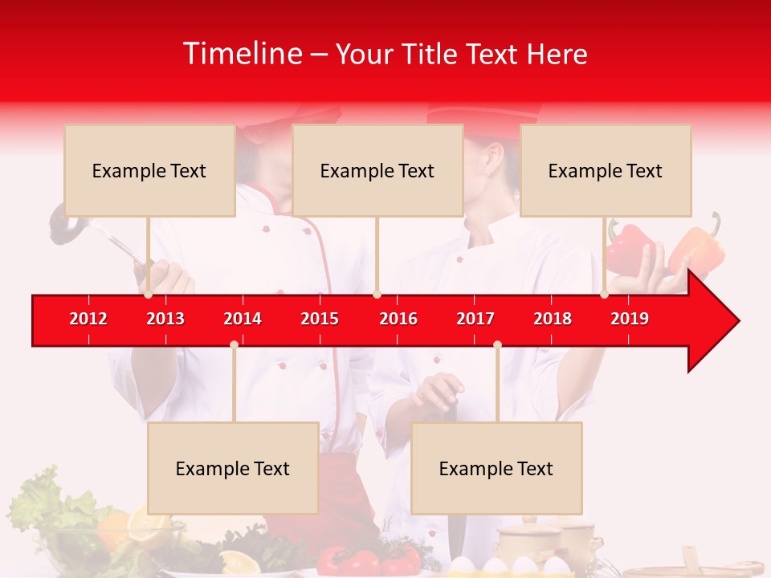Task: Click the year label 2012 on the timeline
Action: [88, 319]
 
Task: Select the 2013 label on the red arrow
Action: [165, 319]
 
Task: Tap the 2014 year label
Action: [243, 319]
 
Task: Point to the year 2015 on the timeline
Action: [320, 319]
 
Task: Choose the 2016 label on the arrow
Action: [398, 319]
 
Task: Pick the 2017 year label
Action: [475, 319]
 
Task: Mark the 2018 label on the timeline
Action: [553, 319]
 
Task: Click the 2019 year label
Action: [630, 319]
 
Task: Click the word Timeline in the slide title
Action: [241, 54]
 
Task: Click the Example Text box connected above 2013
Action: [149, 170]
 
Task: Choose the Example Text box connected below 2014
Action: [233, 468]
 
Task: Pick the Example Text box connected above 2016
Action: [377, 170]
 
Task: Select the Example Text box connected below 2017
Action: [496, 468]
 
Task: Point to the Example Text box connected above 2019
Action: [606, 170]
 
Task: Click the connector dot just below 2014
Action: [234, 344]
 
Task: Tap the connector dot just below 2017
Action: [497, 344]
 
